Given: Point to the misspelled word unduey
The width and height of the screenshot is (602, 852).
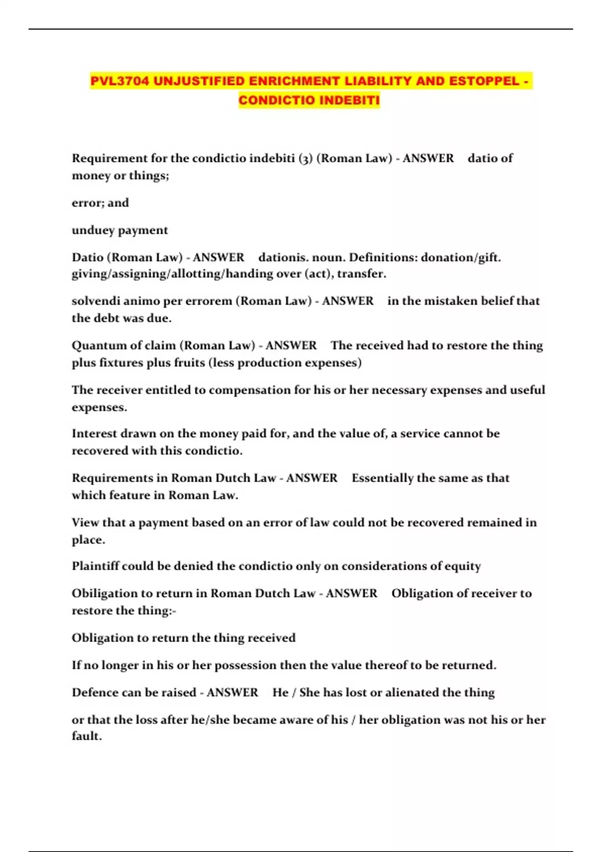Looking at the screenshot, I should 93,231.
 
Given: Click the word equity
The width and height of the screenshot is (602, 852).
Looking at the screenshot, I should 462,566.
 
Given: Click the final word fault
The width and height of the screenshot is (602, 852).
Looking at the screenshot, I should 86,736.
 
